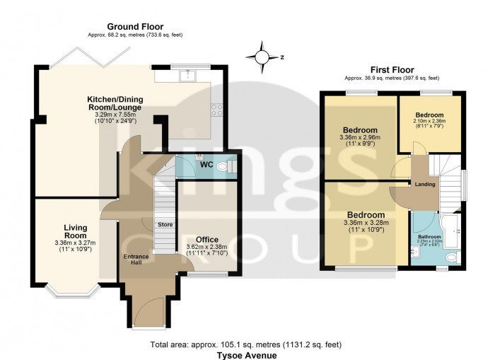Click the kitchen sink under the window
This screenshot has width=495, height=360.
[189, 74]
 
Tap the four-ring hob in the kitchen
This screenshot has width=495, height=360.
[217, 110]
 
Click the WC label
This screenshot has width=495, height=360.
[206, 165]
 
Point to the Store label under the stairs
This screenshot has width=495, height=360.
[165, 225]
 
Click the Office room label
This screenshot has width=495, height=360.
[206, 240]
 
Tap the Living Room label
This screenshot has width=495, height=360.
[76, 231]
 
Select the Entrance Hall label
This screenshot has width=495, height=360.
[136, 260]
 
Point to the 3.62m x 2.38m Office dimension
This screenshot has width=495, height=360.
[206, 247]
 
